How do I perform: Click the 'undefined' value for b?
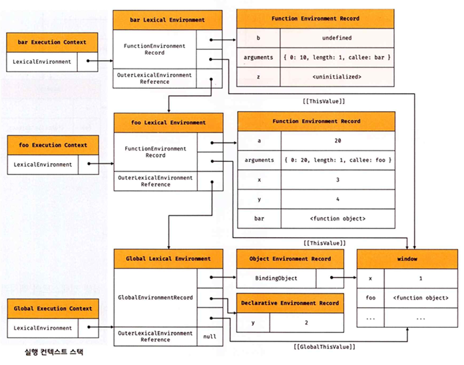336,39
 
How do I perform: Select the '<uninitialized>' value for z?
336,77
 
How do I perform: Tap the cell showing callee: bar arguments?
336,58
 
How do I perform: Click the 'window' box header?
407,258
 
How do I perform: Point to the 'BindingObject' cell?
276,278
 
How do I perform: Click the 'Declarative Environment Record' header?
290,303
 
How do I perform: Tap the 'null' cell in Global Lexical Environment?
210,336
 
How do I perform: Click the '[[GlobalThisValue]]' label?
324,348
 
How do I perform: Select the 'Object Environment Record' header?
290,258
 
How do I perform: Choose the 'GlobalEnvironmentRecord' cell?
156,297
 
